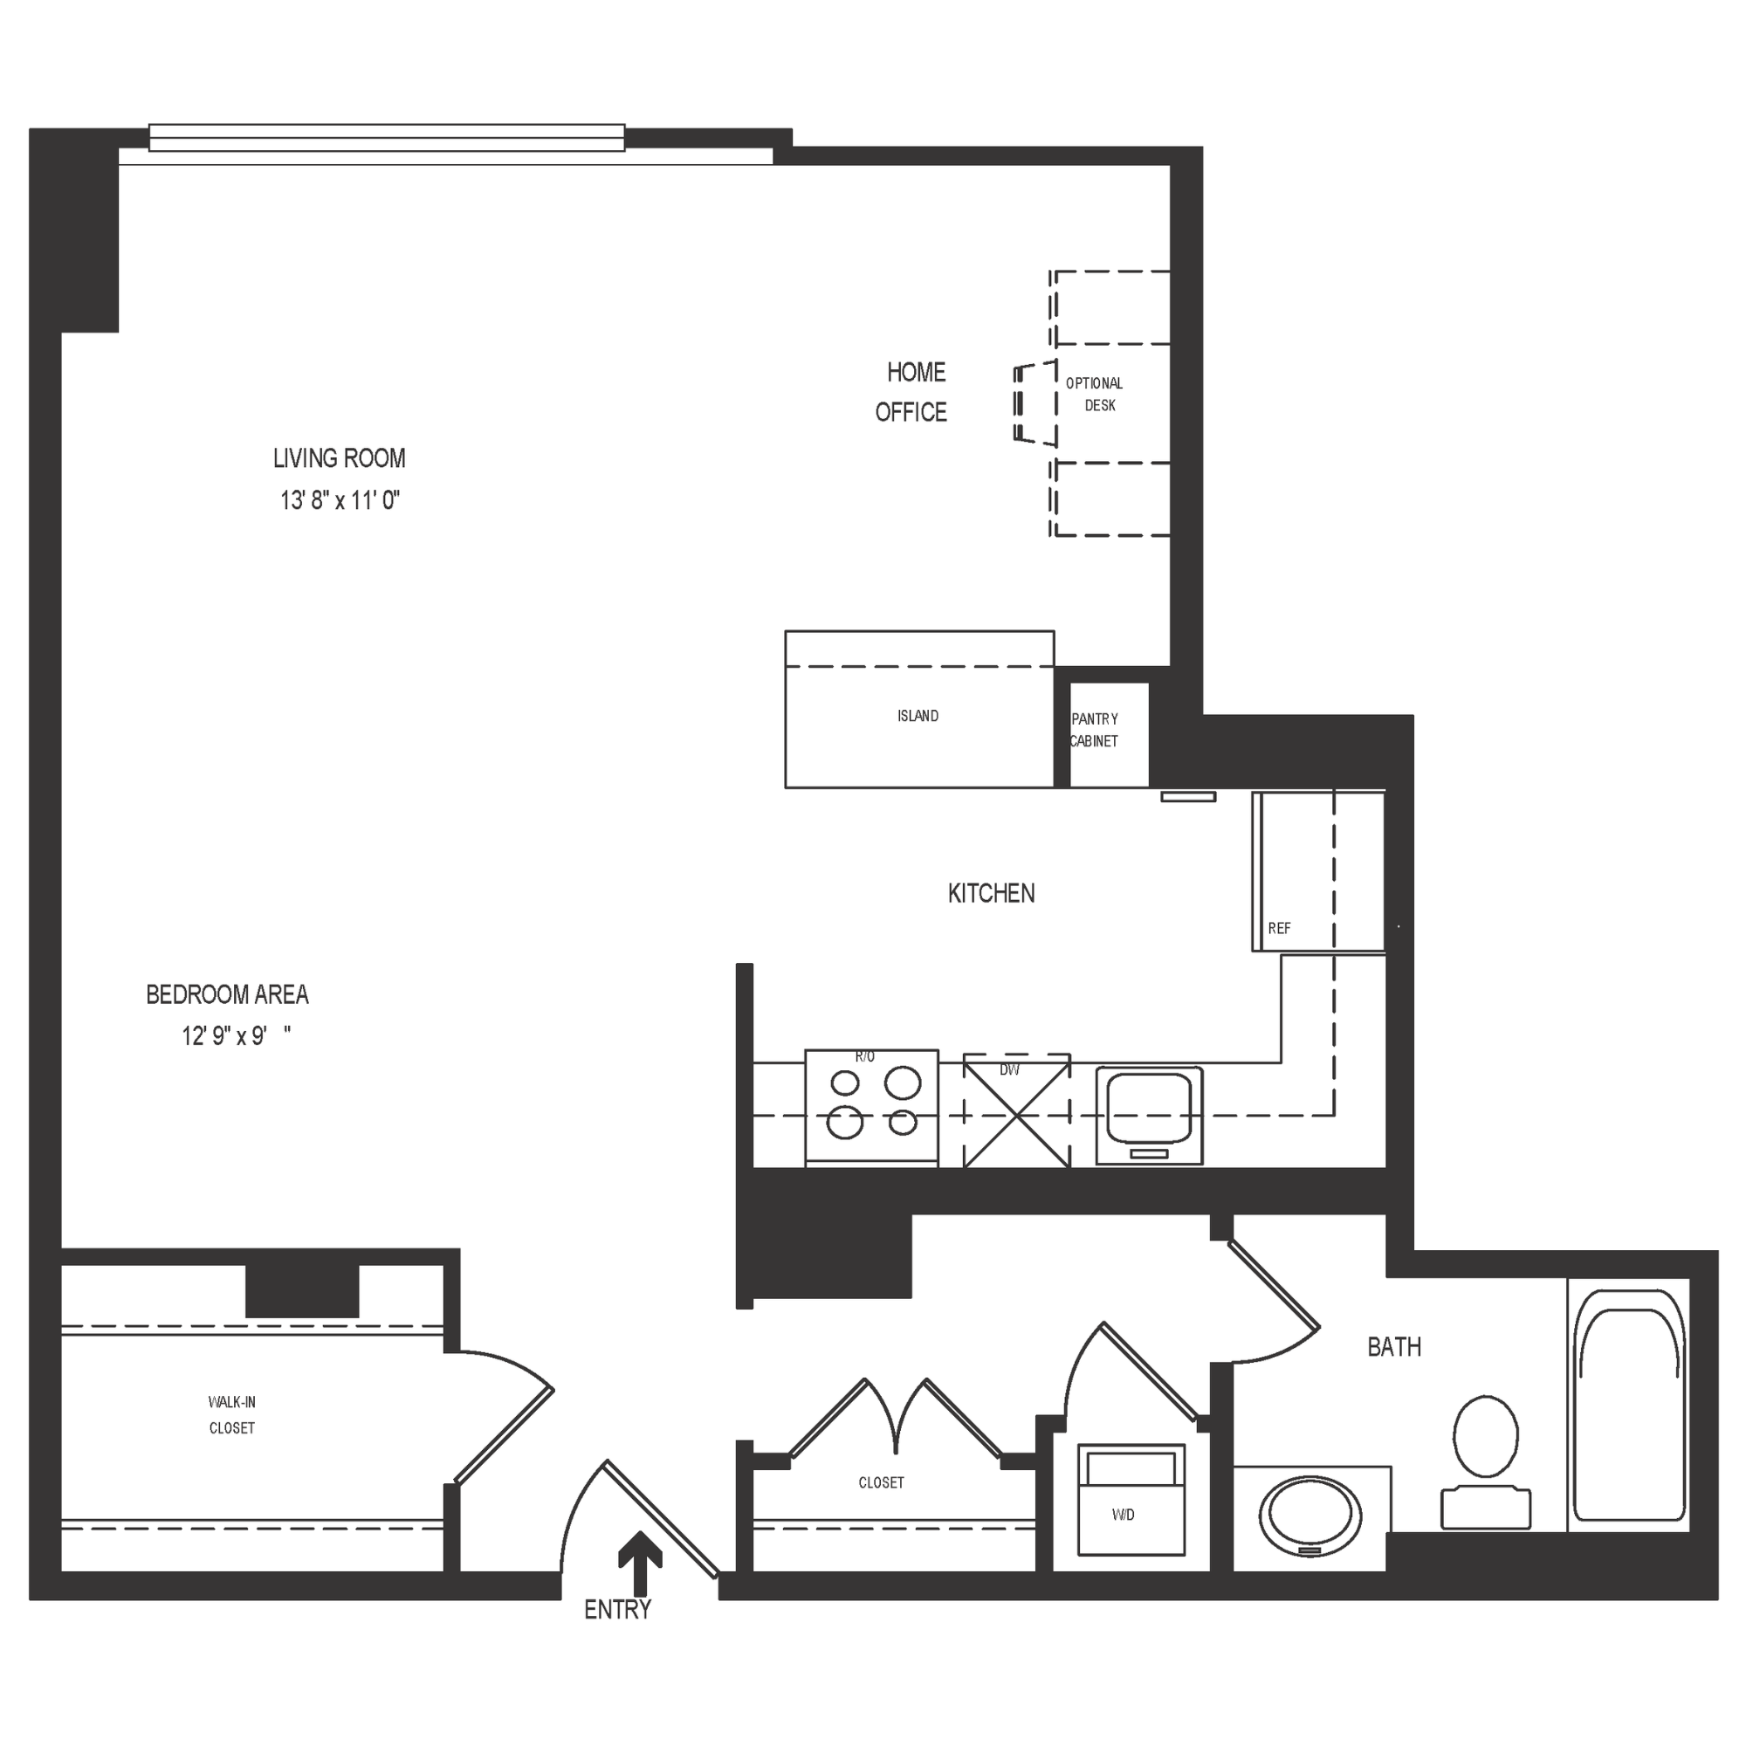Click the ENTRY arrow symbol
point(640,1563)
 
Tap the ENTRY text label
point(617,1610)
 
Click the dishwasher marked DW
point(1017,1110)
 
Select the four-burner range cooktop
point(871,1106)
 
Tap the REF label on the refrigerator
point(1279,928)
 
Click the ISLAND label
point(918,716)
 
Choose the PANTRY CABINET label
point(1095,730)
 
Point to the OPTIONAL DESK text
point(1096,394)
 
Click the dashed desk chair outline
point(1035,403)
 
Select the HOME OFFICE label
point(913,392)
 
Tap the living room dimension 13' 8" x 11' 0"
point(340,500)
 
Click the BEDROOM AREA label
point(228,995)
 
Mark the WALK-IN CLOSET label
point(231,1415)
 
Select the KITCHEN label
point(992,894)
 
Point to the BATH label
point(1393,1347)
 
